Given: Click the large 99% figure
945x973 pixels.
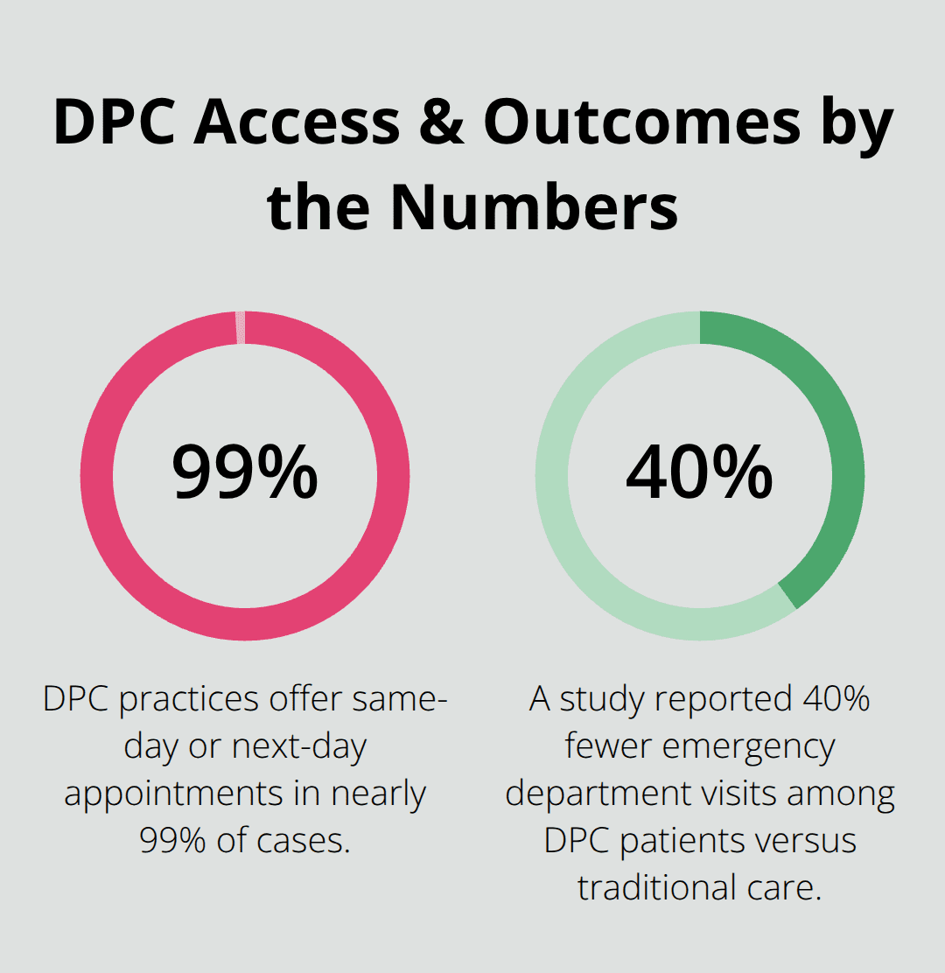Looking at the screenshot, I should point(244,472).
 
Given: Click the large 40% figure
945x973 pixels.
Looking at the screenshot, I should point(699,472).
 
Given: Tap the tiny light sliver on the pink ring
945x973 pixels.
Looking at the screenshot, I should point(241,327).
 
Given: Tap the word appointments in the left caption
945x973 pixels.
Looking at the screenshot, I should point(171,794).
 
